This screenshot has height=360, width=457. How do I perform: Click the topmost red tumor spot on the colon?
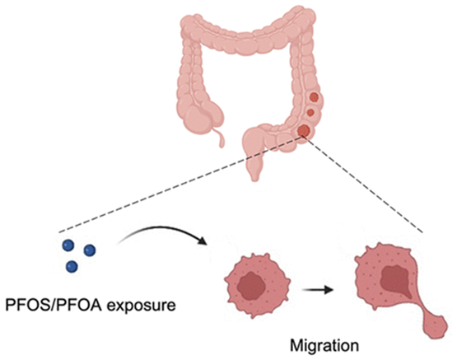(314, 96)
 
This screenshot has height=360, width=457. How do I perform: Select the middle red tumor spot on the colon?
(310, 112)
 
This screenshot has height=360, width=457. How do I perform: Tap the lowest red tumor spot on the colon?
(304, 129)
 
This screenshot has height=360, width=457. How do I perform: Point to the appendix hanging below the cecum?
(220, 135)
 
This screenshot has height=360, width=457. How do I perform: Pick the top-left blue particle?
(68, 245)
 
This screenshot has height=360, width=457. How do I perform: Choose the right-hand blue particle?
(90, 250)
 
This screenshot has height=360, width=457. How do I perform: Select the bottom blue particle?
(72, 266)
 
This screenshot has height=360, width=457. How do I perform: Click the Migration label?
(324, 346)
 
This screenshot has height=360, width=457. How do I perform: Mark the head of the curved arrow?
(203, 241)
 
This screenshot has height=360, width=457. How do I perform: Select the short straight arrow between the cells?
(318, 290)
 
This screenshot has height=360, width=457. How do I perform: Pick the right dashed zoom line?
(364, 185)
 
